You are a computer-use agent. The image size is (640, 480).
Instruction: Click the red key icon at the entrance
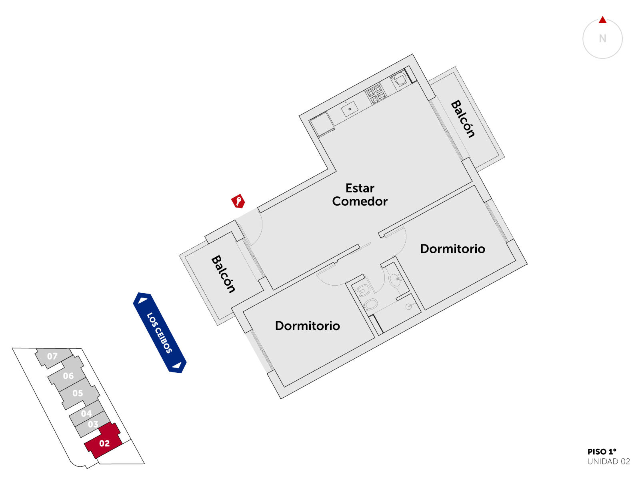[x=238, y=201]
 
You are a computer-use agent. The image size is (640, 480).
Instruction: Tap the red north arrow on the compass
[x=602, y=20]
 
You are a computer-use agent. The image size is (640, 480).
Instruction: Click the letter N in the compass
[x=602, y=38]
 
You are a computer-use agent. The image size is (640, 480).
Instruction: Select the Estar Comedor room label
[x=360, y=195]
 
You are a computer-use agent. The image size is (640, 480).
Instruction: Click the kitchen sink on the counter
[x=349, y=109]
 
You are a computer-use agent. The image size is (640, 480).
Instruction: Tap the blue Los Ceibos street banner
[x=160, y=332]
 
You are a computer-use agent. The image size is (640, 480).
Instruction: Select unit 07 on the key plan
[x=53, y=357]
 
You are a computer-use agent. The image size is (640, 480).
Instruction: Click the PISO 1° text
[x=602, y=452]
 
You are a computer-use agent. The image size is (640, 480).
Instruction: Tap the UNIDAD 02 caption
[x=608, y=461]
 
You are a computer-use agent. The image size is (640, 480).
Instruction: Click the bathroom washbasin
[x=396, y=280]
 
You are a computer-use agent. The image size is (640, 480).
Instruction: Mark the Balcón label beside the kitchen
[x=462, y=119]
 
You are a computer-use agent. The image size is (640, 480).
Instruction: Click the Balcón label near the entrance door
[x=223, y=274]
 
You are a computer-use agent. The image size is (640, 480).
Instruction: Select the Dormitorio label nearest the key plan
[x=307, y=326]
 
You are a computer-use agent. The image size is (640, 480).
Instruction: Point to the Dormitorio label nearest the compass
[x=452, y=248]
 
